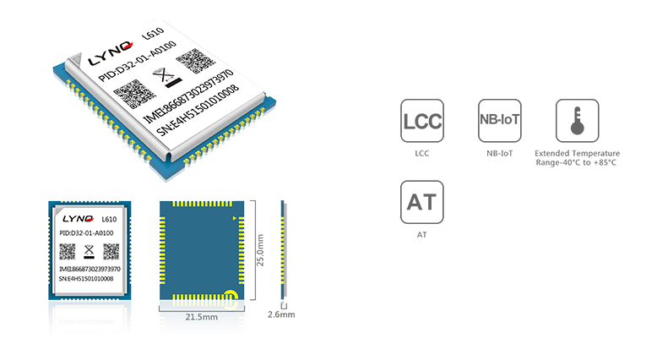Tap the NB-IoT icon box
click(x=499, y=121)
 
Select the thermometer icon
click(x=577, y=121)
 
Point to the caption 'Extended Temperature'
click(x=577, y=153)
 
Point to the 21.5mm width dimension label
click(x=202, y=317)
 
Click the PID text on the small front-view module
click(x=87, y=232)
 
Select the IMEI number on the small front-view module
click(x=90, y=268)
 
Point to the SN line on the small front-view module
click(x=85, y=278)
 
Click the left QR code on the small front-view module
click(x=68, y=251)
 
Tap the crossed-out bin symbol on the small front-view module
click(x=90, y=251)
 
